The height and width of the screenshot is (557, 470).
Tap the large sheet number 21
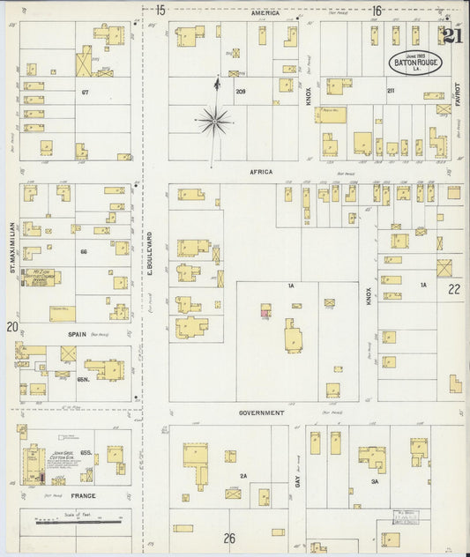453,36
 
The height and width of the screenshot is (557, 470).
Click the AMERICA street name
265,13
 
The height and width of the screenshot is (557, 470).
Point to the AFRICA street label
261,172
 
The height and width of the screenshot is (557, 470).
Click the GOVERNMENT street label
261,412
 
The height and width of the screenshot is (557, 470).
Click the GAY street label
298,480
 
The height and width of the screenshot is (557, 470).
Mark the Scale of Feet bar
78,521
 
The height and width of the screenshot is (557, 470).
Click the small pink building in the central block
265,310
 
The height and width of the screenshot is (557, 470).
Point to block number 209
240,92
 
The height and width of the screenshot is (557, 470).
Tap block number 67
86,92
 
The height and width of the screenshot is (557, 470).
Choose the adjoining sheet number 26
229,538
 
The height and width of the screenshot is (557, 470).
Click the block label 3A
374,482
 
